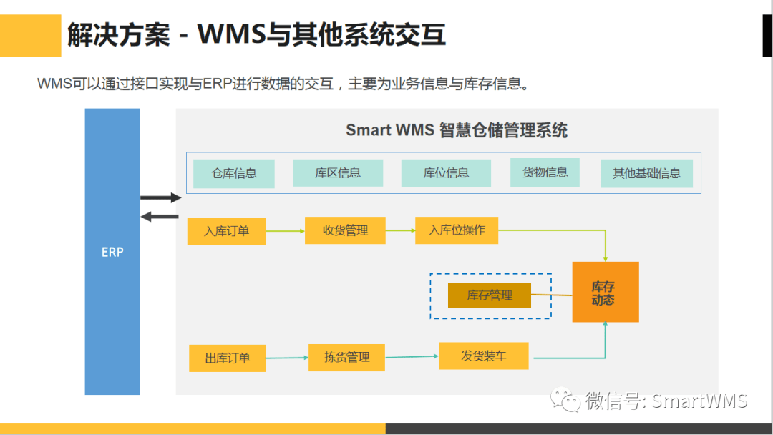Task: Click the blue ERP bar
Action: click(x=112, y=252)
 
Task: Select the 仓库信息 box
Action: click(x=234, y=173)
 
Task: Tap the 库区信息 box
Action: click(x=338, y=172)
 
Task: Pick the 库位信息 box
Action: click(x=446, y=172)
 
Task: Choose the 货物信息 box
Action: click(x=545, y=172)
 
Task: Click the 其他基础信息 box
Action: click(x=646, y=173)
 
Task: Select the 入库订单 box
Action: click(x=226, y=231)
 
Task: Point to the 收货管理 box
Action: click(x=345, y=230)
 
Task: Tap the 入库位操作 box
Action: click(x=457, y=230)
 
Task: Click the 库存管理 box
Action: click(x=490, y=295)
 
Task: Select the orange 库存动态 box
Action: click(x=605, y=292)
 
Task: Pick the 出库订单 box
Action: click(x=227, y=358)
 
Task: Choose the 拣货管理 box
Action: click(x=346, y=357)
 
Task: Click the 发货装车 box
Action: click(x=484, y=356)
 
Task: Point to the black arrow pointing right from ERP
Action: click(x=160, y=197)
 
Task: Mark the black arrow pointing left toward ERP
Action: click(x=160, y=216)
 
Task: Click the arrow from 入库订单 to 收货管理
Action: click(x=285, y=231)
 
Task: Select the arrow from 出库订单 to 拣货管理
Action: click(x=287, y=358)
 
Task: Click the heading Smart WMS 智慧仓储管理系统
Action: click(x=457, y=130)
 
